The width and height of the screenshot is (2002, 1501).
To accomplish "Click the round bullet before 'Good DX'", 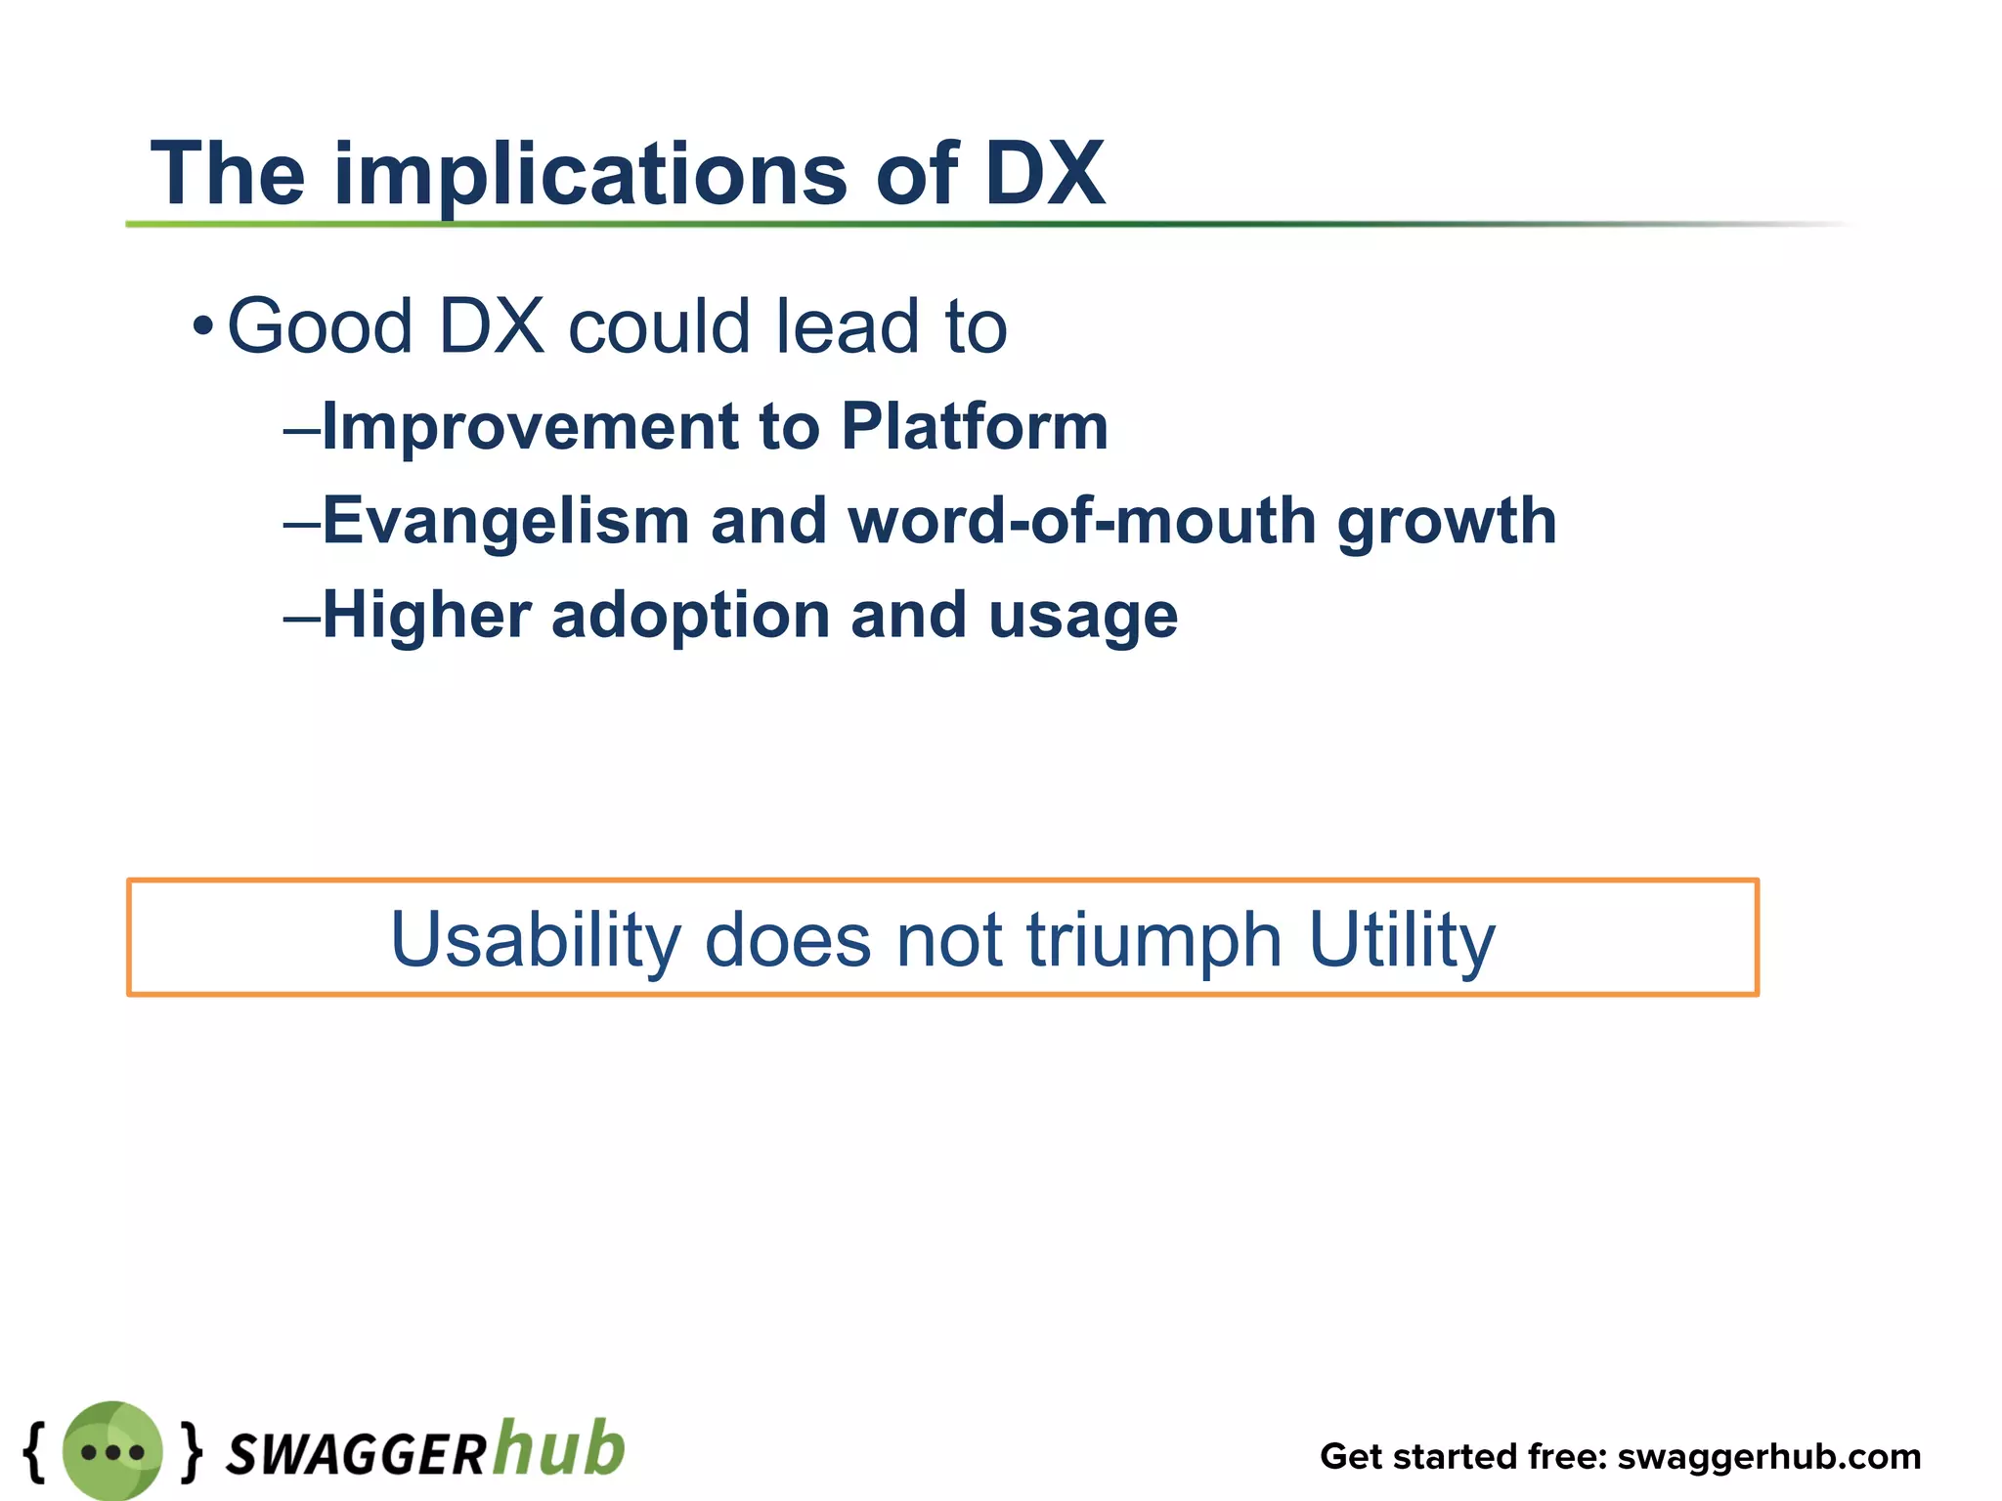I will coord(202,325).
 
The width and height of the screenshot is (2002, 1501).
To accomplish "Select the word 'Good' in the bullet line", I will coord(320,325).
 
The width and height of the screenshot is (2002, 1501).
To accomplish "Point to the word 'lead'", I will coord(847,325).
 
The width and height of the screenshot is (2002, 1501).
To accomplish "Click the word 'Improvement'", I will coord(530,427).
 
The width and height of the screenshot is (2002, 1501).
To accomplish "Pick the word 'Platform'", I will coord(975,427).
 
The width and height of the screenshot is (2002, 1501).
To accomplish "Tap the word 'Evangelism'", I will coord(505,521).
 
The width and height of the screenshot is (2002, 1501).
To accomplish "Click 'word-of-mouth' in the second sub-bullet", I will coord(1081,521).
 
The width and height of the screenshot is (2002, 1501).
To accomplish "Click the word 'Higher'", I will coord(426,616).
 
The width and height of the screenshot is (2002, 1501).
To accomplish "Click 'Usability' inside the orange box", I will coord(535,940).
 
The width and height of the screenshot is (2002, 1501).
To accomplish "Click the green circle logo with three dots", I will coord(112,1451).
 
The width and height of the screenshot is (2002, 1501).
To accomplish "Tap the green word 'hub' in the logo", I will coord(558,1447).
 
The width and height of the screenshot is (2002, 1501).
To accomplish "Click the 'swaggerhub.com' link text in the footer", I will coord(1769,1456).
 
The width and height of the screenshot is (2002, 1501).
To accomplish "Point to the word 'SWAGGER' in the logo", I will coord(356,1454).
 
